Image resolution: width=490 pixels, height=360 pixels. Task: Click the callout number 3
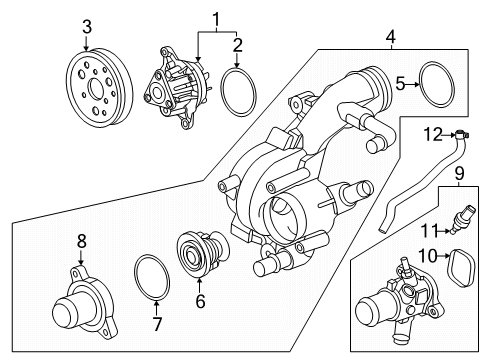[87, 25]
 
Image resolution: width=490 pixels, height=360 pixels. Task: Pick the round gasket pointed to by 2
[238, 92]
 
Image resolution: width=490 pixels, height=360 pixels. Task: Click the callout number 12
[432, 133]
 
